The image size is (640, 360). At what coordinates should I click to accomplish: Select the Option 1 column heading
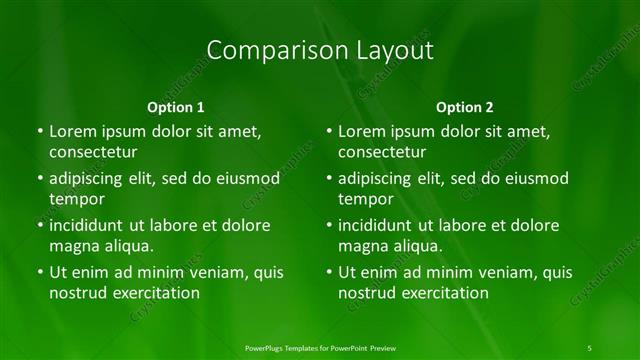176,107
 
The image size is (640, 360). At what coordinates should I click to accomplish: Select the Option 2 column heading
465,107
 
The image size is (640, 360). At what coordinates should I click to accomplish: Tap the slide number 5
589,347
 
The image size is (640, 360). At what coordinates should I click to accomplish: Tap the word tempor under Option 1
76,199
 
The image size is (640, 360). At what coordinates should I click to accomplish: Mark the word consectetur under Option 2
382,152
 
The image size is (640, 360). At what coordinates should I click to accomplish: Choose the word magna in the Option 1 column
72,246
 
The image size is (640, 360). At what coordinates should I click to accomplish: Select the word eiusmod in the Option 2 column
531,179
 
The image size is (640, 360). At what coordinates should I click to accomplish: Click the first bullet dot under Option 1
39,132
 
